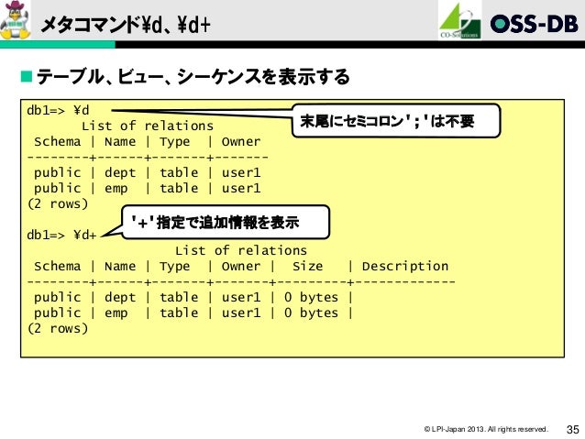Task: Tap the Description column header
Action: pyautogui.click(x=405, y=266)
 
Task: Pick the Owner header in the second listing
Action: pyautogui.click(x=240, y=266)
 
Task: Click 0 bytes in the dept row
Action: pyautogui.click(x=311, y=297)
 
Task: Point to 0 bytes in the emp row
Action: pyautogui.click(x=311, y=313)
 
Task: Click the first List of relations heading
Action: pyautogui.click(x=148, y=126)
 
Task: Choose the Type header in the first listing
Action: pyautogui.click(x=174, y=141)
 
